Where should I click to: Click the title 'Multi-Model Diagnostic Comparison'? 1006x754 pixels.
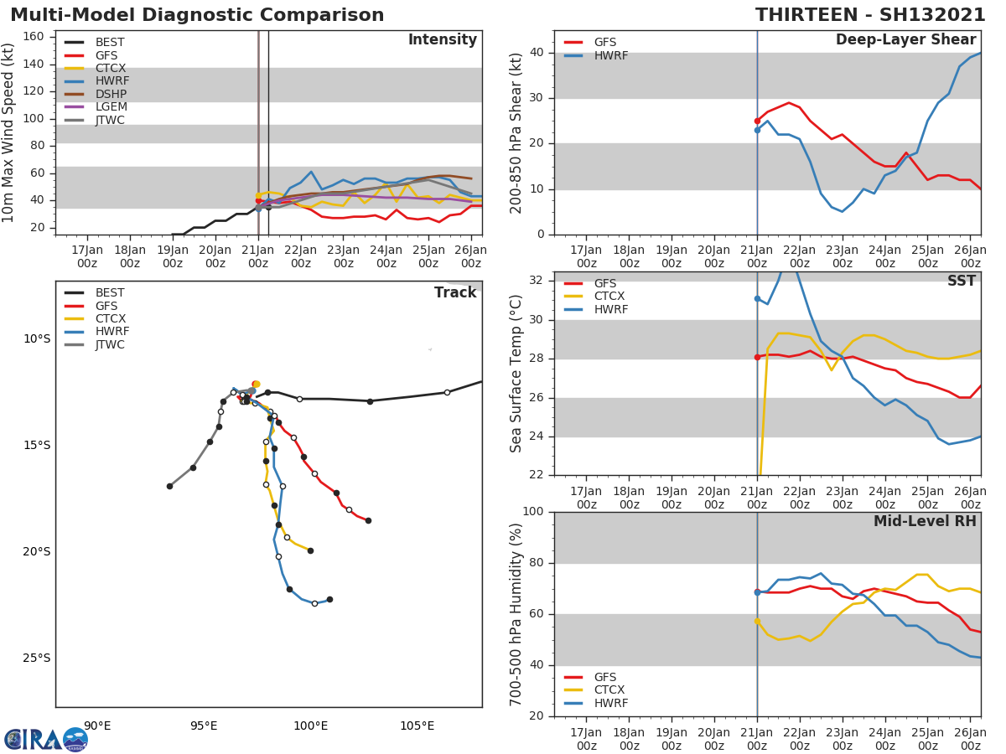[x=197, y=15]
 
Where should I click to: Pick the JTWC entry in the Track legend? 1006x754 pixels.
[x=110, y=344]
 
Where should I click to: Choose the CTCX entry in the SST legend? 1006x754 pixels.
[x=611, y=297]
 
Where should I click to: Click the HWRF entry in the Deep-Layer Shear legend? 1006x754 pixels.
[x=610, y=55]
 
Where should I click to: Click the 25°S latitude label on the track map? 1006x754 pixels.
[x=37, y=658]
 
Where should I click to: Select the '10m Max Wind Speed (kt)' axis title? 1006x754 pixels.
[x=9, y=132]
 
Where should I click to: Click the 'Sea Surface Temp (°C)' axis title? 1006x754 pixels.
[x=516, y=374]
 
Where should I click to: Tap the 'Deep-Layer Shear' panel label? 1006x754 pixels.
[x=905, y=40]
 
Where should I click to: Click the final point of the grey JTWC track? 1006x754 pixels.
[x=169, y=486]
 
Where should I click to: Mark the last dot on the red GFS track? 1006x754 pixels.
[x=368, y=520]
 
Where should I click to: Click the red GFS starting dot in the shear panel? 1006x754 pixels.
[x=757, y=121]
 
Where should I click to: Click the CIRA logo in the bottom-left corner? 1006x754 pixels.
[x=46, y=739]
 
